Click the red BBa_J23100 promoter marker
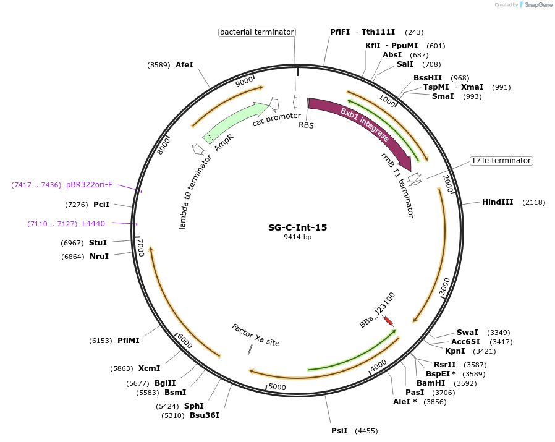tap(388, 321)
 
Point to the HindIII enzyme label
tap(498, 202)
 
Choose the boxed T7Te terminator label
tap(501, 161)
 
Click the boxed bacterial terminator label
tap(256, 32)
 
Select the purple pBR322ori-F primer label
tap(90, 184)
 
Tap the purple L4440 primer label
tap(93, 223)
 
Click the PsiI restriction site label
tap(339, 430)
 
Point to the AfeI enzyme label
tap(184, 64)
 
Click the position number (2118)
tap(533, 202)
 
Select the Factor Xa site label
tap(255, 335)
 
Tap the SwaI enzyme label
tap(467, 333)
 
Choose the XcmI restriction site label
tap(149, 368)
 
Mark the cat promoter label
tap(276, 119)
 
